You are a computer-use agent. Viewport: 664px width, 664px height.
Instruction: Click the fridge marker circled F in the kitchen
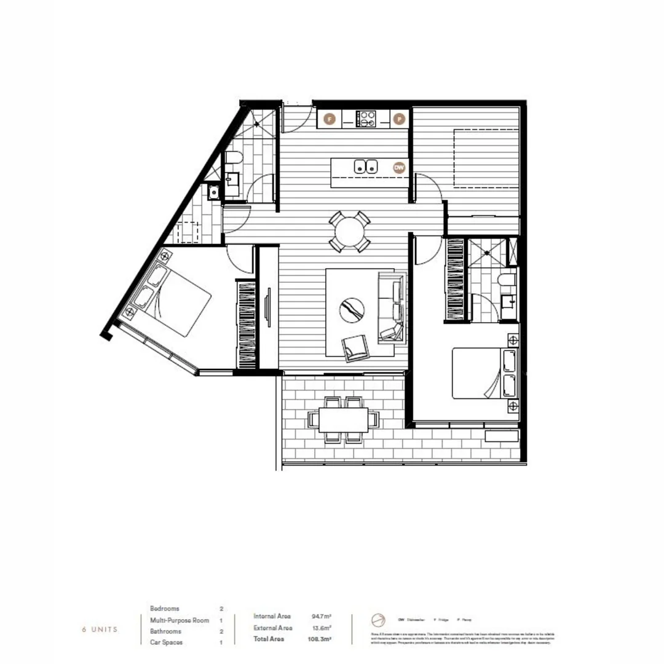(x=330, y=119)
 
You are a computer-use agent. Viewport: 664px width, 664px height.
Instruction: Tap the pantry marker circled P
(x=399, y=119)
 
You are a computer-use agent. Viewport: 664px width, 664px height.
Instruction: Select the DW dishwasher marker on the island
(x=399, y=167)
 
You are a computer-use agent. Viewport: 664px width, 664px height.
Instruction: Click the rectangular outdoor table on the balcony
(x=344, y=419)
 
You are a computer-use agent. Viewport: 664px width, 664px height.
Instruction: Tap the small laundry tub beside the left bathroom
(x=213, y=192)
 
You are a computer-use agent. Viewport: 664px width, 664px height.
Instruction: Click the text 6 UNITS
(x=100, y=630)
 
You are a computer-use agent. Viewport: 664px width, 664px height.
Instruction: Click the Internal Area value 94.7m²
(x=322, y=616)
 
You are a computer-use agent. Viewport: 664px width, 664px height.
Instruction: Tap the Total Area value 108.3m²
(x=321, y=639)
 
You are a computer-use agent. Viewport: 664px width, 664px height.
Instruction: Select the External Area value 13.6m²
(x=322, y=628)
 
